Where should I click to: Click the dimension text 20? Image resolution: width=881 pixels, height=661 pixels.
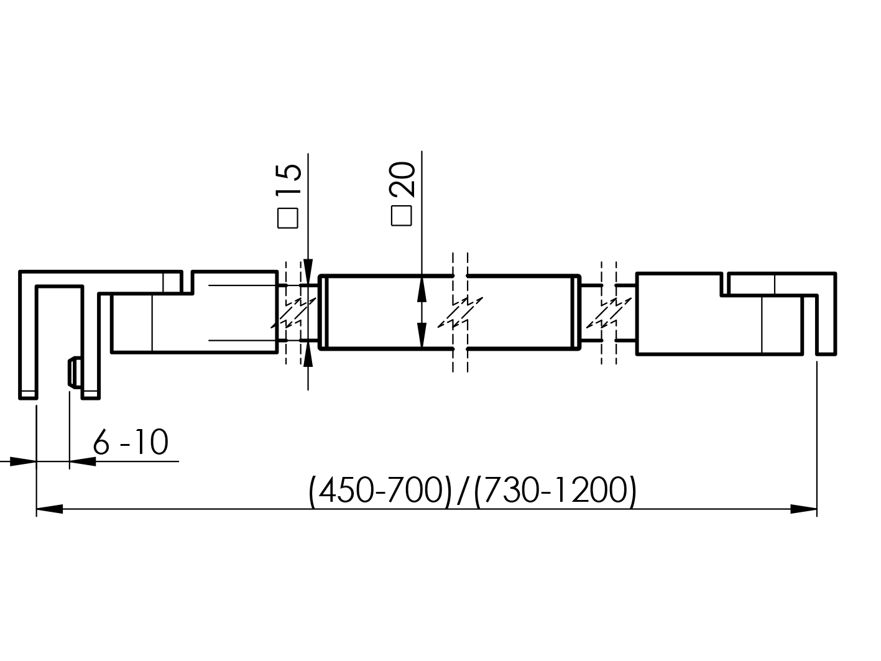pyautogui.click(x=402, y=179)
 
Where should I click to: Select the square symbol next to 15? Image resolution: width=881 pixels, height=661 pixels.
pyautogui.click(x=288, y=217)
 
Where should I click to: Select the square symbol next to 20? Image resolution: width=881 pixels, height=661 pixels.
pyautogui.click(x=402, y=216)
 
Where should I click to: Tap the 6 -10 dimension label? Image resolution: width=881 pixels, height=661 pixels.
pyautogui.click(x=131, y=443)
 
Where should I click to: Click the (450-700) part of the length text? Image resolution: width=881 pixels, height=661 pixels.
pyautogui.click(x=379, y=492)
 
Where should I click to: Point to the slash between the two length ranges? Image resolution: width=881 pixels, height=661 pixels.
pyautogui.click(x=461, y=492)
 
